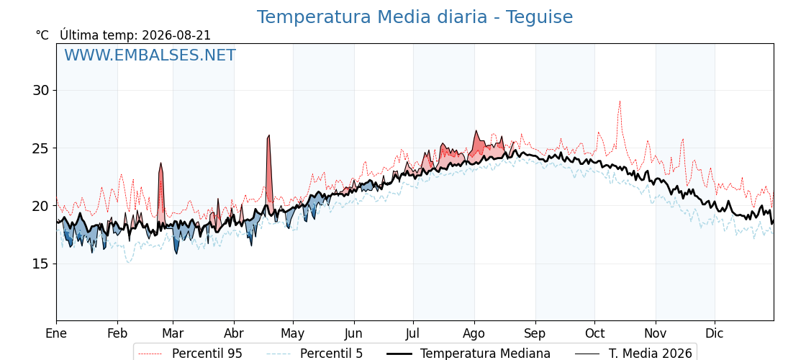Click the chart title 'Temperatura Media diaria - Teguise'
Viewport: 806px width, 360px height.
(415, 17)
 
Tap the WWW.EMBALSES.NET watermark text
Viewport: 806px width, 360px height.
(150, 55)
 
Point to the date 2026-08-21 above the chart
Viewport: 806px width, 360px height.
(176, 35)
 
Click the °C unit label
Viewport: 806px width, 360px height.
(42, 35)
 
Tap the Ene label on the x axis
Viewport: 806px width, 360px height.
(56, 333)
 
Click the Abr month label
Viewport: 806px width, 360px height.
(234, 333)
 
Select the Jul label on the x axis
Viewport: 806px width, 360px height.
(413, 333)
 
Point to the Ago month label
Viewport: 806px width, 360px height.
(474, 334)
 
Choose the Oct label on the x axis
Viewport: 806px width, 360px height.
(594, 333)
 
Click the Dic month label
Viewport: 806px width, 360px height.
(715, 333)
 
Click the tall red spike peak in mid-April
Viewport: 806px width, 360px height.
(269, 135)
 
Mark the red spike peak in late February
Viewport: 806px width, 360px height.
(161, 163)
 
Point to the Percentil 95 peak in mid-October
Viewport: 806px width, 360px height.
(620, 101)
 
